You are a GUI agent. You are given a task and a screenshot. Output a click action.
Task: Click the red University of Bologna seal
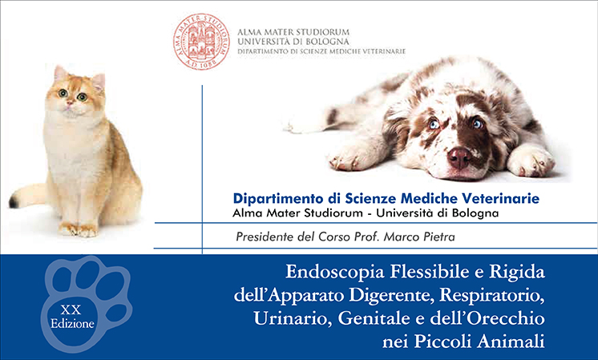coord(201,41)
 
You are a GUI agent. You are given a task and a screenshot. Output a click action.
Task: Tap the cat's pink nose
coord(70,103)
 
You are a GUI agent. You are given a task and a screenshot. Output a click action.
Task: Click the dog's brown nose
coord(459,157)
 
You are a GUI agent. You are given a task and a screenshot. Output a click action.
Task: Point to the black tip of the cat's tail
coord(13,201)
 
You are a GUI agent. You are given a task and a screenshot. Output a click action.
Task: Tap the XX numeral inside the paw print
coord(71,309)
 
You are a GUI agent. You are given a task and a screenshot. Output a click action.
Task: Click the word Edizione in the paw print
coord(72,324)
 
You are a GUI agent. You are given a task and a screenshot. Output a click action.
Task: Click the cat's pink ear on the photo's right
coord(99,81)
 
